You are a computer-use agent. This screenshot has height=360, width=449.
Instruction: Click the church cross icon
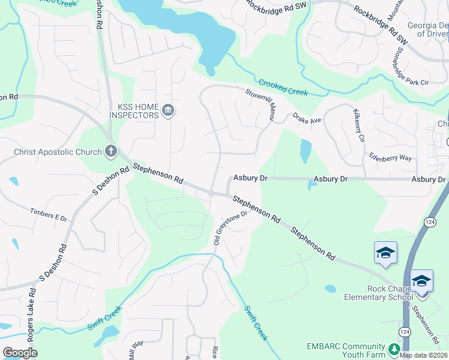coord(110,151)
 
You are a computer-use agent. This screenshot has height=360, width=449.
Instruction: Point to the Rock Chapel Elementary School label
coord(375,293)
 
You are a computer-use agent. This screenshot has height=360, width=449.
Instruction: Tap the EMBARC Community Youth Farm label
coord(345,350)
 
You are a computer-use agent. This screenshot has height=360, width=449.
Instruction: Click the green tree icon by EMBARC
coord(394,349)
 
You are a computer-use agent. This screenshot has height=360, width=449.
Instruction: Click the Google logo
coord(20,353)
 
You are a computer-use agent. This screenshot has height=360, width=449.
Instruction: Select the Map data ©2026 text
coord(424,355)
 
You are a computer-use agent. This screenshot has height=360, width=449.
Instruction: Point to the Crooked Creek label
coord(283,88)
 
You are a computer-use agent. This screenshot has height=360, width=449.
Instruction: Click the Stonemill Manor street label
coord(261,104)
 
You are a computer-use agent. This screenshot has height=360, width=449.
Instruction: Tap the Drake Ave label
coord(307,119)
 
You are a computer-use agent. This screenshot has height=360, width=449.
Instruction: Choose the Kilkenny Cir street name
coord(359,125)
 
